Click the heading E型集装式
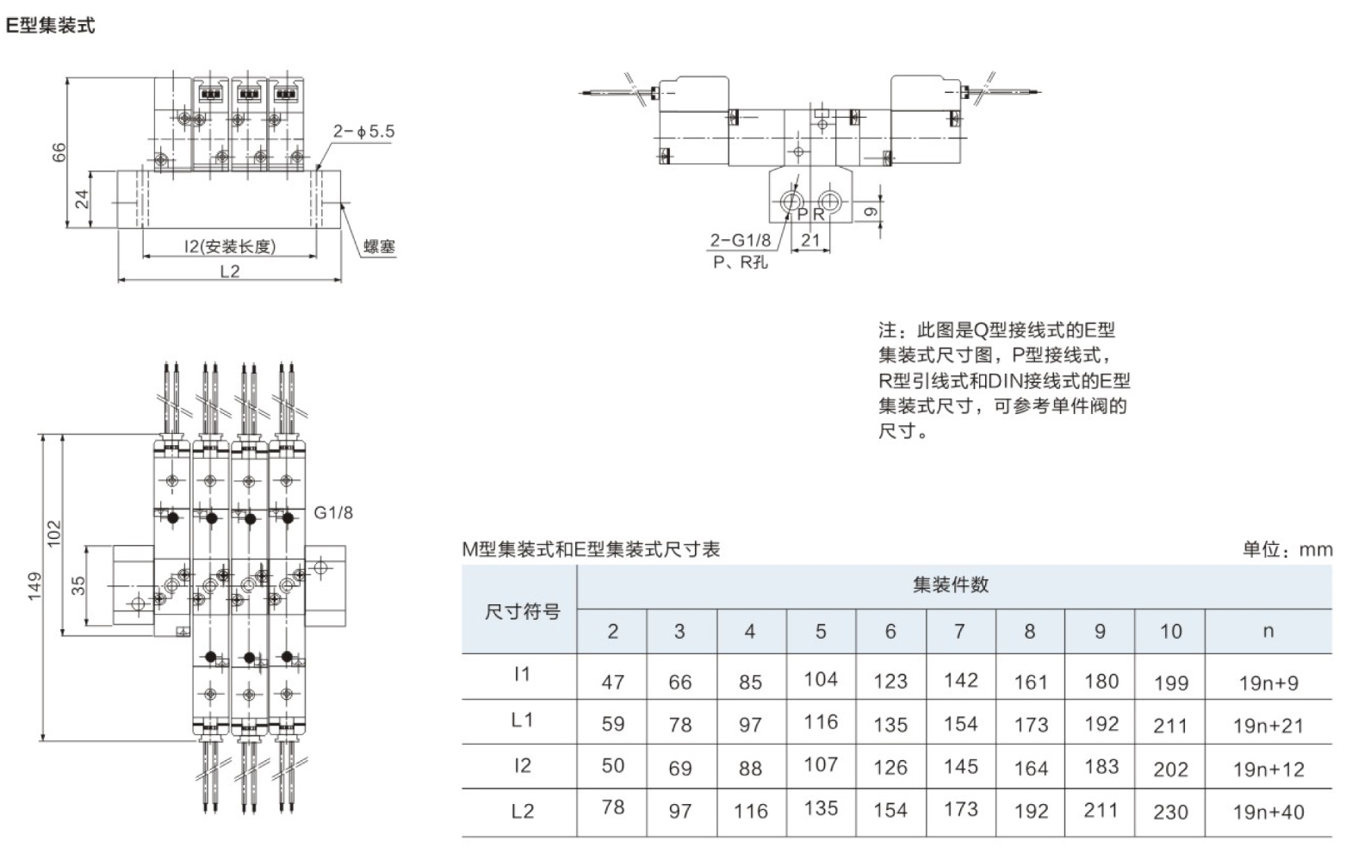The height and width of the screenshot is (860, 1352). tap(50, 25)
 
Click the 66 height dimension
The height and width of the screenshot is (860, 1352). tap(59, 152)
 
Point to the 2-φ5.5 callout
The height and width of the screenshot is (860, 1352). tap(363, 132)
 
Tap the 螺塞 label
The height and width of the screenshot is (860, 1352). tap(379, 247)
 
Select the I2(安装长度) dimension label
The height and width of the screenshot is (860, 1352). tap(230, 246)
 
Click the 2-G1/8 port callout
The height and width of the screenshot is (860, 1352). tap(740, 240)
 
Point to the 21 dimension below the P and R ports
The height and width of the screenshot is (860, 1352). tap(810, 240)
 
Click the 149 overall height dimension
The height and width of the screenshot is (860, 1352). tap(34, 585)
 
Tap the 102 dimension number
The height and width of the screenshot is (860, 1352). tap(54, 533)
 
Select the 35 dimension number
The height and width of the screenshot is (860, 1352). tap(78, 585)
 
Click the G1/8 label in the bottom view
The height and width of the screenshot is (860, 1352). tap(333, 513)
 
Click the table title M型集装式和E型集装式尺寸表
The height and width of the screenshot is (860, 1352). tap(591, 549)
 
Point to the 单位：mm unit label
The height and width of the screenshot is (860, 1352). tap(1287, 549)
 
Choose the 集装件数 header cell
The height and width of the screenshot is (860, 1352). tap(951, 585)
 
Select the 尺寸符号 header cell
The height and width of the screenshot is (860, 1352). tap(522, 611)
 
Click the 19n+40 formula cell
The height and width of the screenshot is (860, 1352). tap(1268, 811)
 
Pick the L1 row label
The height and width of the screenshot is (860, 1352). tap(522, 720)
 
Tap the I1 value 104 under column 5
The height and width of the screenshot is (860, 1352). tap(821, 679)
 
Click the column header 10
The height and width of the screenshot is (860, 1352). tap(1170, 631)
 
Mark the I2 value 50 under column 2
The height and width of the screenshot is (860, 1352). tap(612, 765)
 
